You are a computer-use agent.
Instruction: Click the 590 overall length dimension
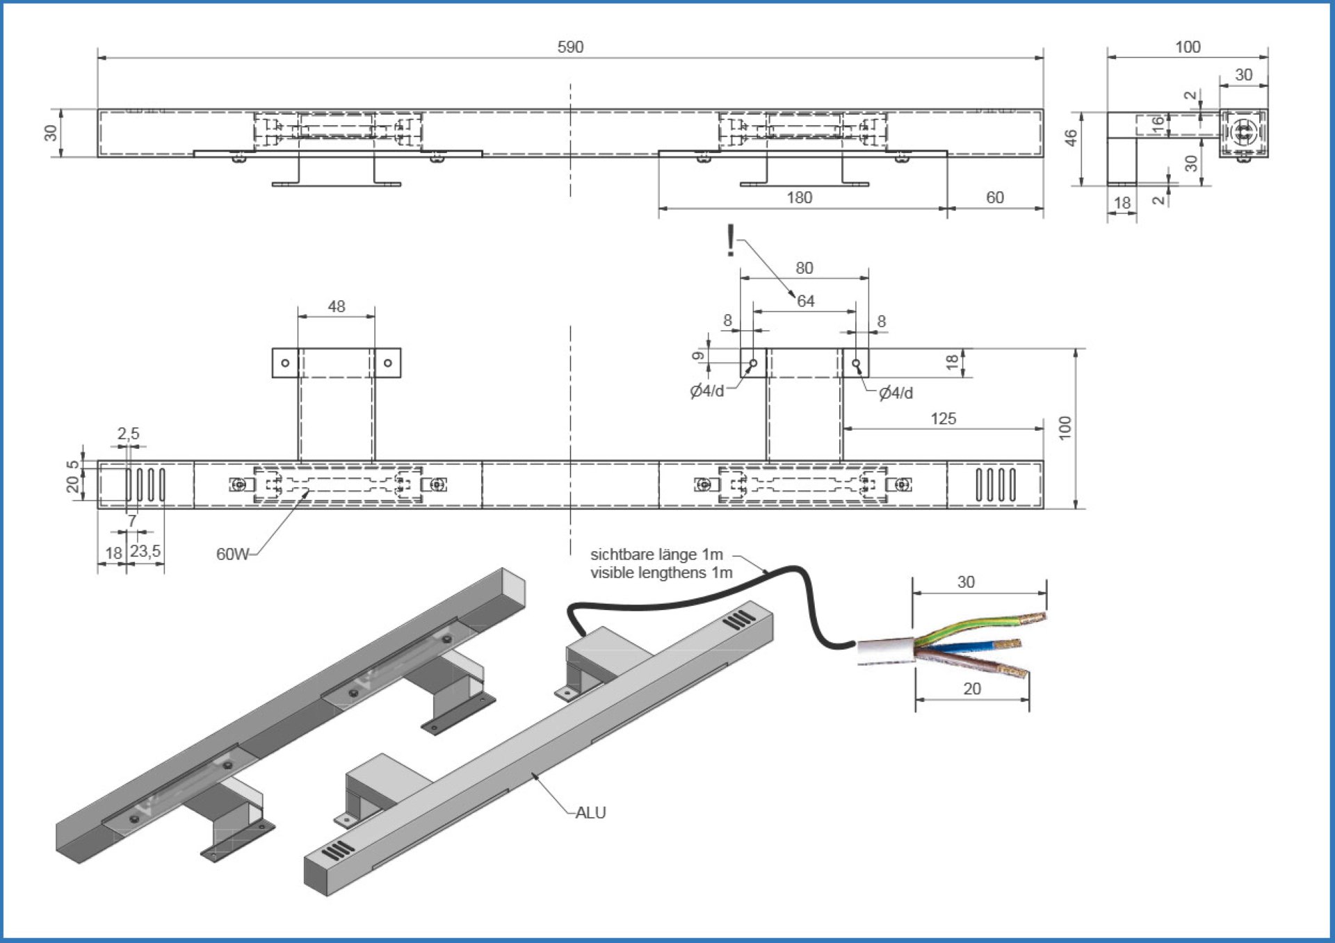570,47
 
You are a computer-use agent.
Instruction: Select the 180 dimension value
799,198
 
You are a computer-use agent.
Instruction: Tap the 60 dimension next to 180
994,198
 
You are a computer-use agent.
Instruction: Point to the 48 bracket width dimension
337,306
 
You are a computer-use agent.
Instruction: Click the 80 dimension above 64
804,268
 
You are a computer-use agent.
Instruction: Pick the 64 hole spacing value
806,301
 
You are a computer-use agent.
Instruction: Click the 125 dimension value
943,419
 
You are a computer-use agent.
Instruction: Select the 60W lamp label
232,555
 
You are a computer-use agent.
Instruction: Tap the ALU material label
591,813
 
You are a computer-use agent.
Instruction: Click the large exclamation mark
730,240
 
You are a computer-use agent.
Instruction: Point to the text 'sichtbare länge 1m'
656,555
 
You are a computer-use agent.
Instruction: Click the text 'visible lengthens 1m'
661,573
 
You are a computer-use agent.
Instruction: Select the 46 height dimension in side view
1071,138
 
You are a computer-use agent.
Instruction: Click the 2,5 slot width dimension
128,434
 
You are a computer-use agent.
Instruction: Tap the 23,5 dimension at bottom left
145,551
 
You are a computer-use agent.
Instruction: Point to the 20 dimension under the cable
971,689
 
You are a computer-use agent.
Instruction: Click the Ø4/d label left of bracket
706,391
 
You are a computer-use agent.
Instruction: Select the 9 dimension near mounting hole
698,356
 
